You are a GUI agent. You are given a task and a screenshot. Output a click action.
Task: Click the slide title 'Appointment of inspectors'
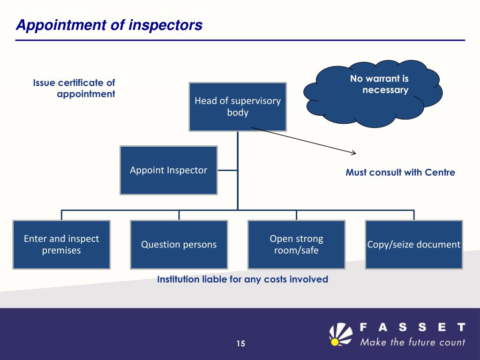(x=109, y=25)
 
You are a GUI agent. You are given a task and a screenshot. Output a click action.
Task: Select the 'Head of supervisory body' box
(x=238, y=107)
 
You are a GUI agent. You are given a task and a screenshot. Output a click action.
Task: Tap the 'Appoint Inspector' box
(x=169, y=170)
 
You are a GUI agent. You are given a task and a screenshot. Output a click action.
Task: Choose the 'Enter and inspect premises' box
(x=61, y=244)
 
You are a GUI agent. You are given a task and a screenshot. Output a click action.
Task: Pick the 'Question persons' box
(x=179, y=244)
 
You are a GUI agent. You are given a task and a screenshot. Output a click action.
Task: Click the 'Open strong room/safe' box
(x=296, y=244)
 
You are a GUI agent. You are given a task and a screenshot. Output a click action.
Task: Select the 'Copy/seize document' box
(x=414, y=244)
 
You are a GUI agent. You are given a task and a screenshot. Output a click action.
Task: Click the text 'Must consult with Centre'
(x=400, y=172)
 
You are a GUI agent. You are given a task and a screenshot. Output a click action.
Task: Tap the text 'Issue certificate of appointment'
(x=75, y=88)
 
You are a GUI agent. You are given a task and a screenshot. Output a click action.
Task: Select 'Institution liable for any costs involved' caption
(x=242, y=279)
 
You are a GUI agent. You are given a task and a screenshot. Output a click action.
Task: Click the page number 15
(x=240, y=344)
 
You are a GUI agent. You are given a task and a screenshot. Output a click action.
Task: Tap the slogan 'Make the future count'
(x=412, y=342)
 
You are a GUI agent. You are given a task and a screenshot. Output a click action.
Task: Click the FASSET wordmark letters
(x=412, y=327)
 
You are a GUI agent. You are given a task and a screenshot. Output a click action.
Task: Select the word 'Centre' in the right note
(x=440, y=172)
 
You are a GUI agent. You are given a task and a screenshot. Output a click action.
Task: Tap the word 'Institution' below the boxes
(x=176, y=279)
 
